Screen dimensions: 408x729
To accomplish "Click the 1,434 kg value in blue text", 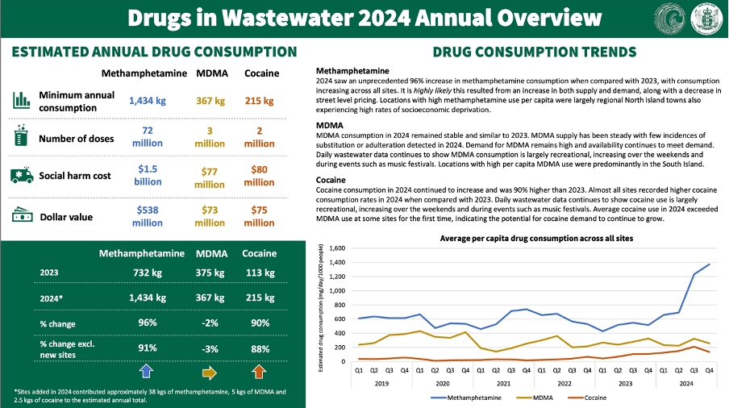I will pyautogui.click(x=148, y=101).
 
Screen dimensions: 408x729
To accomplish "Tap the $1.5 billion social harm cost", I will pyautogui.click(x=148, y=176).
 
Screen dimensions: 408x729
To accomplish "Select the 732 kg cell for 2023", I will pyautogui.click(x=148, y=273).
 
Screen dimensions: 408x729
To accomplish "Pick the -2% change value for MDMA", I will pyautogui.click(x=211, y=323).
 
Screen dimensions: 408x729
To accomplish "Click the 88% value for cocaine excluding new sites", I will pyautogui.click(x=259, y=348).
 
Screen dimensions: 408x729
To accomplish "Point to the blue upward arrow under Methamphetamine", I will pyautogui.click(x=148, y=372).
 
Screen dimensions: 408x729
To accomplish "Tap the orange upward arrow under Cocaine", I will pyautogui.click(x=259, y=372).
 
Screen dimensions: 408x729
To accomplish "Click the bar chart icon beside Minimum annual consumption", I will pyautogui.click(x=21, y=100).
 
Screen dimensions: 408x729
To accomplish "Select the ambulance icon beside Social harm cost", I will pyautogui.click(x=21, y=175).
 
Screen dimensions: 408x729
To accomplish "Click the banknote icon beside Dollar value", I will pyautogui.click(x=21, y=215).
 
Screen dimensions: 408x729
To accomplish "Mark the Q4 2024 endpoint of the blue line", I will pyautogui.click(x=709, y=264).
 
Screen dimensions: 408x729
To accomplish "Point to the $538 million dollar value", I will pyautogui.click(x=148, y=217).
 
